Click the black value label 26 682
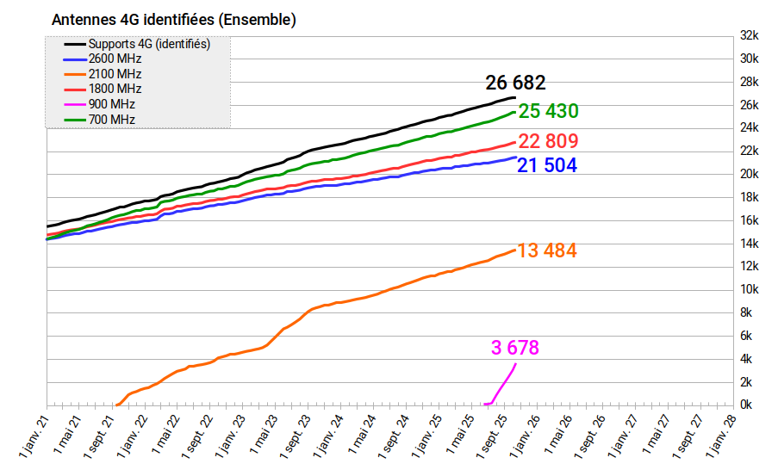click(515, 83)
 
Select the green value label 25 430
click(548, 111)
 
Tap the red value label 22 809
click(547, 141)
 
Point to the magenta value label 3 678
click(515, 348)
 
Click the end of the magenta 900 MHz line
click(516, 364)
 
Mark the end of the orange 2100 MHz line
click(515, 250)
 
